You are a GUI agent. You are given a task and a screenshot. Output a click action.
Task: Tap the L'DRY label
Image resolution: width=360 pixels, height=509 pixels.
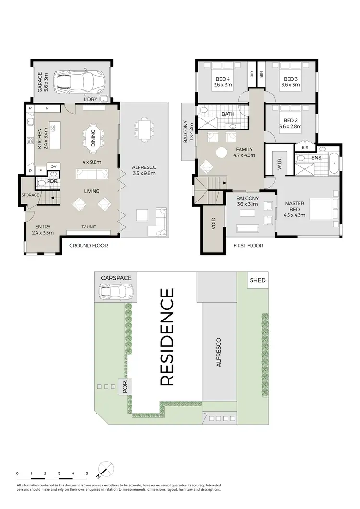point(91,99)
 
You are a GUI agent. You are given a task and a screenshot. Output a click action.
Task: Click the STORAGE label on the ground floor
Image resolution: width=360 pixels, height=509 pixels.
point(29,195)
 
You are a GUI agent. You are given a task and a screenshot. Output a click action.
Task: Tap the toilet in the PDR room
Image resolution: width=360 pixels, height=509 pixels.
point(41,183)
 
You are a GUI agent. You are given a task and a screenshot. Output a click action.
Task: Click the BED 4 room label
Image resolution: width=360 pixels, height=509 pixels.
point(222,82)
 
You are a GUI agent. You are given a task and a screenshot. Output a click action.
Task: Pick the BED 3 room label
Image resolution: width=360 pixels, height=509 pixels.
point(290,82)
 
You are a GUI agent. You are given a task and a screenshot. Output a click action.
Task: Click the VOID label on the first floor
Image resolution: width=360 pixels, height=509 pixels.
point(213,225)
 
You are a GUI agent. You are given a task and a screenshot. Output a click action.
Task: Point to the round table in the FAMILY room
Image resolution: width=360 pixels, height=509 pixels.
point(221,153)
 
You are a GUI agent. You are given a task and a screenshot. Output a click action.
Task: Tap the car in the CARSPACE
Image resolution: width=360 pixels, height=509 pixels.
point(115,291)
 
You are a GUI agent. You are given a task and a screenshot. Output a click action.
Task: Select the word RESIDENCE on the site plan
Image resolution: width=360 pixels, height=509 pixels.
point(167,337)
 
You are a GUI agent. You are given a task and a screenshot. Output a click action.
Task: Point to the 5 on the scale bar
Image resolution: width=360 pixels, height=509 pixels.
point(87,473)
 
